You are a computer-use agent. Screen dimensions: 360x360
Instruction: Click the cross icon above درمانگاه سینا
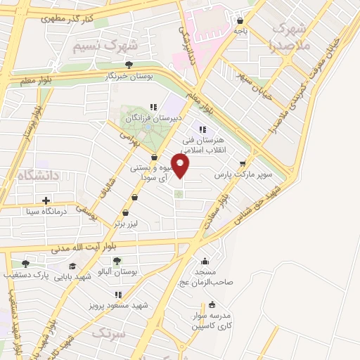click(x=46, y=200)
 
